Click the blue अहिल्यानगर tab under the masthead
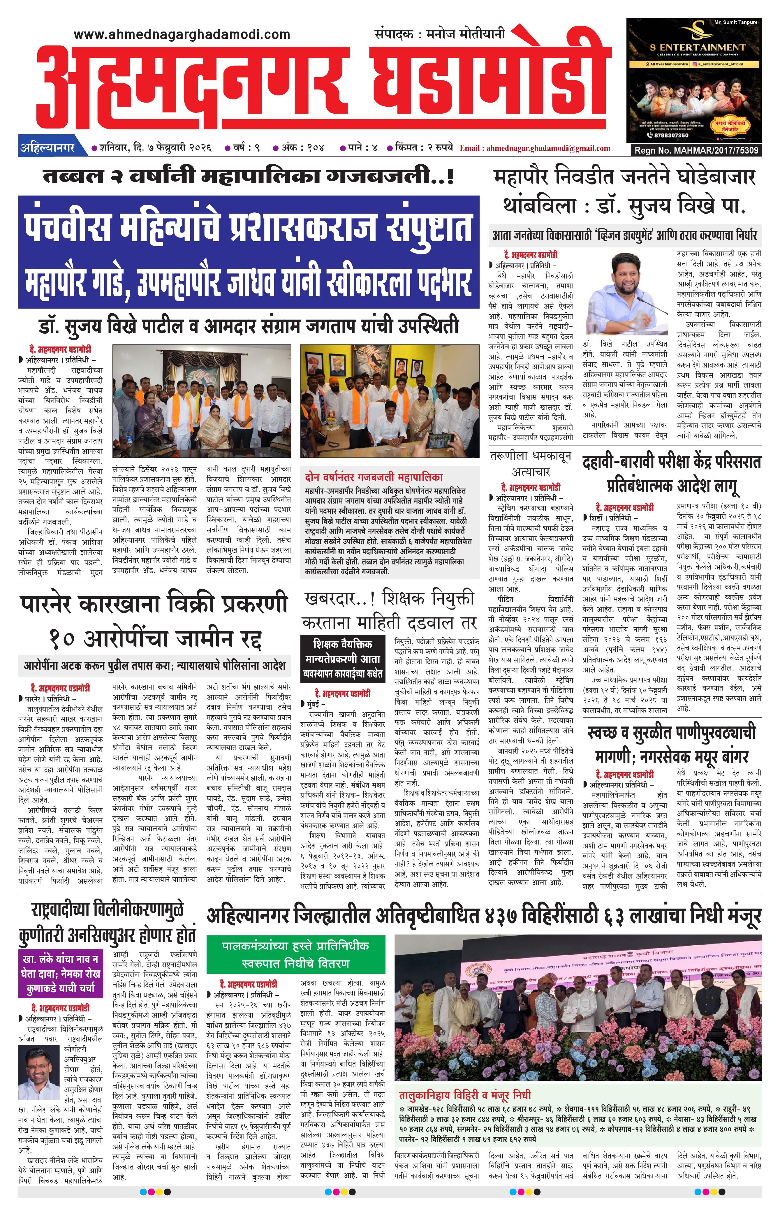[47, 148]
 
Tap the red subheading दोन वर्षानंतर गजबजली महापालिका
[374, 477]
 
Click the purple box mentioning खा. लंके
[60, 973]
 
